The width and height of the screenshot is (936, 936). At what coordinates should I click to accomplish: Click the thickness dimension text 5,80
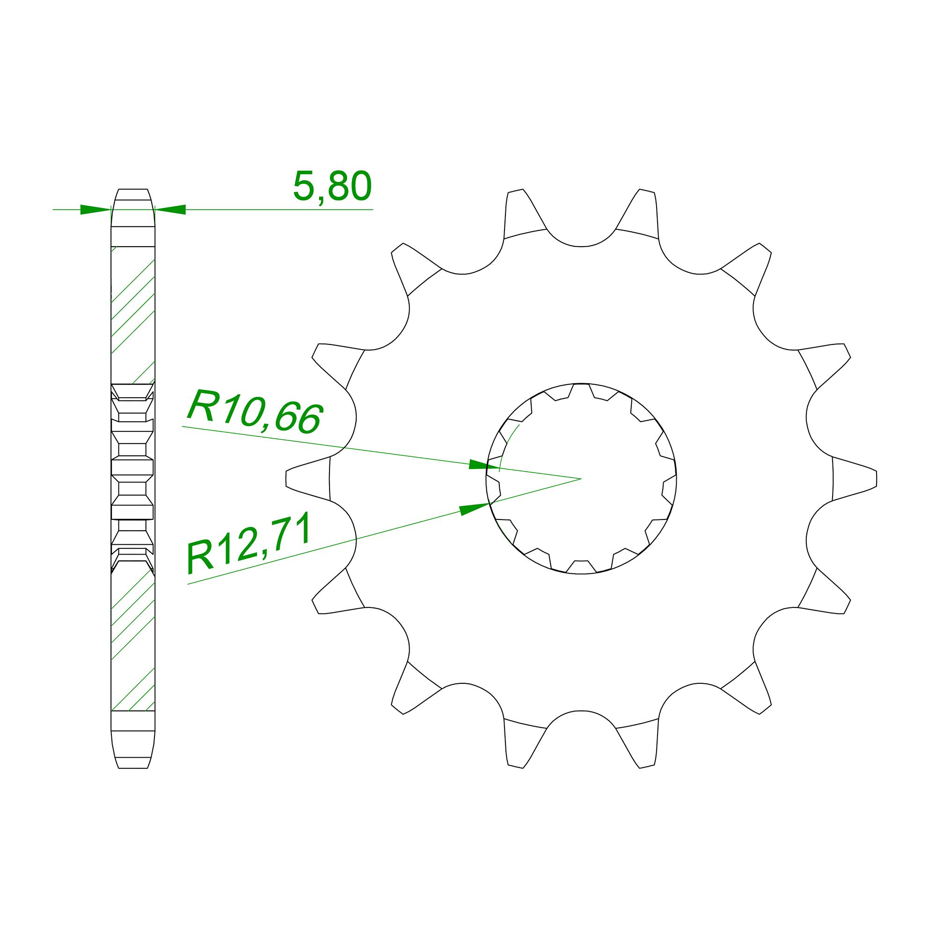332,187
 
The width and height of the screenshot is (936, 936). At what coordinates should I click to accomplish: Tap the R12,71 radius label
248,545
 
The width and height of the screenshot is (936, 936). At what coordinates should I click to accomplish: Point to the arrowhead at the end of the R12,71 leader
475,508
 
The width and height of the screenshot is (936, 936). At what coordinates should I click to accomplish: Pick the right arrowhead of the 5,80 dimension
170,209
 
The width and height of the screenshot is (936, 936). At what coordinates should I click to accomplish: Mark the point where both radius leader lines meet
580,479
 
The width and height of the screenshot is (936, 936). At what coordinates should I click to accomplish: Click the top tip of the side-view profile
133,190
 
